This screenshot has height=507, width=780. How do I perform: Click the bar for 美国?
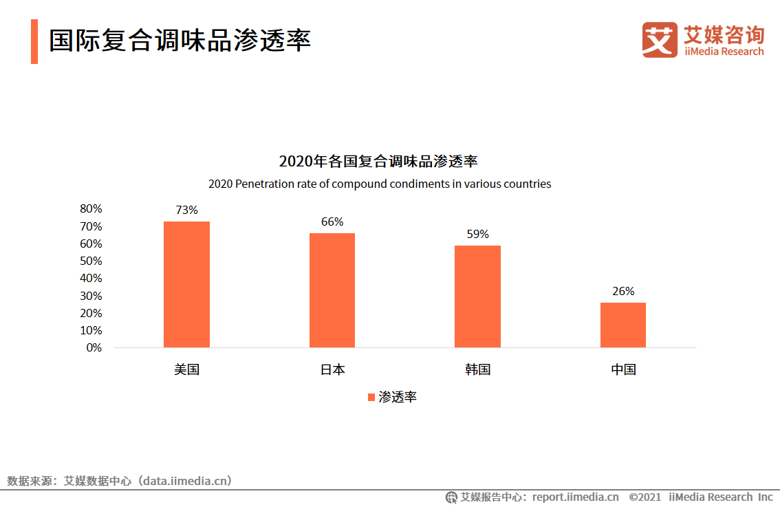tap(186, 284)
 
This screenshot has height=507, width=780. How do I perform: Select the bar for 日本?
tap(332, 290)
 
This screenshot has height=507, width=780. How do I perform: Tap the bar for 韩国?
tap(477, 296)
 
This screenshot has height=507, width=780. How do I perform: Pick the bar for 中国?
tap(623, 325)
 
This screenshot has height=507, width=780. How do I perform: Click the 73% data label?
tap(186, 210)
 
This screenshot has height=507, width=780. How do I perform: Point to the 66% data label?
tap(332, 222)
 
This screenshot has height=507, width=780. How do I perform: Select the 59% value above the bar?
tap(477, 234)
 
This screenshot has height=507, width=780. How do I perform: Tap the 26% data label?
tap(623, 291)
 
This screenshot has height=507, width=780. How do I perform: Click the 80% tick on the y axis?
tap(91, 209)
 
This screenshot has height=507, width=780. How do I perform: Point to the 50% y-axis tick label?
tap(91, 261)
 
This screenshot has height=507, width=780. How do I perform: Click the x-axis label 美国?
tap(186, 369)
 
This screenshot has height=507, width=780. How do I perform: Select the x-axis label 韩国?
tap(477, 369)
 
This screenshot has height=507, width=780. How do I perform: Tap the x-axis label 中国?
tap(623, 369)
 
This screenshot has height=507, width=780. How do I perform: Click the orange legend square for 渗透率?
tap(371, 398)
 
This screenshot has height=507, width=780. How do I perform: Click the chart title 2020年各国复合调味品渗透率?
tap(378, 162)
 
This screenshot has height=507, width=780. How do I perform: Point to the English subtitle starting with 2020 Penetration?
tap(380, 184)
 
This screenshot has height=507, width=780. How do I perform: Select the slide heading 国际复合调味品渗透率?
tap(180, 41)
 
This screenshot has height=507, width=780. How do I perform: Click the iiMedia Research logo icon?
tap(660, 40)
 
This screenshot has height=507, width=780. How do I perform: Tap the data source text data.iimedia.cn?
tap(186, 481)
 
